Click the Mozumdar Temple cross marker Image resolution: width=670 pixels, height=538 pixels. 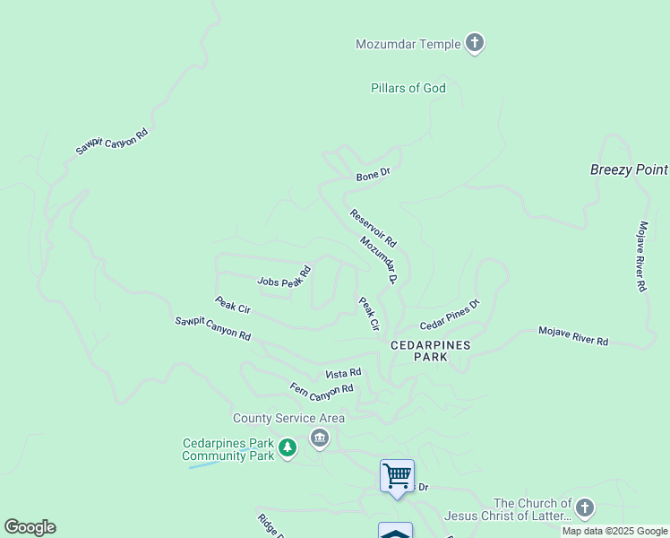[x=475, y=43]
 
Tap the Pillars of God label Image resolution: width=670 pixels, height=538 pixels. [x=408, y=88]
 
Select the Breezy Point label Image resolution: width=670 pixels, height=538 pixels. [x=629, y=169]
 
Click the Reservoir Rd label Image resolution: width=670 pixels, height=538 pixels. [x=373, y=228]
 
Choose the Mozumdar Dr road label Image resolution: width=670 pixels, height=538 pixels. [x=379, y=260]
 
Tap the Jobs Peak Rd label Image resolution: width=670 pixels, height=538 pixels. [x=284, y=277]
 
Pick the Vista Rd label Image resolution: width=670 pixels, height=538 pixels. [x=343, y=373]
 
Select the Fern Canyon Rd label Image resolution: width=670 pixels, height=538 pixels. [x=322, y=389]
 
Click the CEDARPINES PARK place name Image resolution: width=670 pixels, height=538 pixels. [x=430, y=350]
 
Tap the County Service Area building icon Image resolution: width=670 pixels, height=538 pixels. [x=320, y=438]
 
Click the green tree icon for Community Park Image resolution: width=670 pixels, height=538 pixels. [x=287, y=447]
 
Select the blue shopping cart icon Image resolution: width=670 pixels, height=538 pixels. [x=397, y=475]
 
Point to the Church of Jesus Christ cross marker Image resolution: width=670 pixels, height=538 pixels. [x=584, y=508]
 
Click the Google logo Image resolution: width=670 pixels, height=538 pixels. [x=30, y=527]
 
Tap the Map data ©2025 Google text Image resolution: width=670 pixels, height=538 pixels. [x=614, y=531]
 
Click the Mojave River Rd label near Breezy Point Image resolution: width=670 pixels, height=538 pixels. [x=641, y=256]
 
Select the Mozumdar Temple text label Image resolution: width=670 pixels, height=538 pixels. [x=408, y=44]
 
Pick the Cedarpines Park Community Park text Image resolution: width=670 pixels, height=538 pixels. [x=228, y=449]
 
